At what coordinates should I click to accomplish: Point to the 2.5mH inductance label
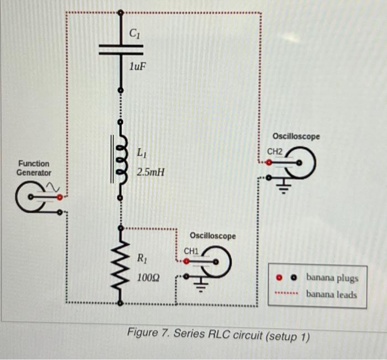(150, 173)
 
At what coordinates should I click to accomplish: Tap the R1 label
(143, 258)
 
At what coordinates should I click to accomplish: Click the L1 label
(142, 152)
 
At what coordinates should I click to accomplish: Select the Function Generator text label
(34, 168)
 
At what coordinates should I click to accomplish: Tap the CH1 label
(191, 251)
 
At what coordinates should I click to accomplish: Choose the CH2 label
(275, 152)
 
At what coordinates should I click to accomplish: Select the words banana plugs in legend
(332, 278)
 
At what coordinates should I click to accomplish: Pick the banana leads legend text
(332, 294)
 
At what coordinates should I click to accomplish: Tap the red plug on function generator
(60, 196)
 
